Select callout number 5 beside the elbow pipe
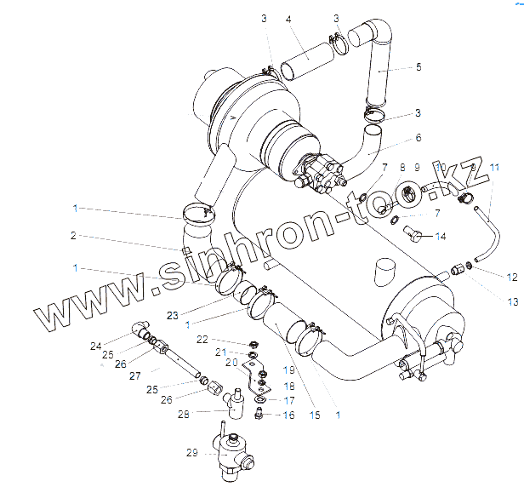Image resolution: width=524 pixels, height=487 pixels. (x=419, y=68)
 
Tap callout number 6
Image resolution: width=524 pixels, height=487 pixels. (x=418, y=137)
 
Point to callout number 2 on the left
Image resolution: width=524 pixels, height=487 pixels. (x=74, y=235)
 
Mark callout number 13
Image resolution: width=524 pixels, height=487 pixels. (x=512, y=302)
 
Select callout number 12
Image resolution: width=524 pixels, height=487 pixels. (x=512, y=277)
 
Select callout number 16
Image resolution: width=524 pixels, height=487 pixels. (x=288, y=415)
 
